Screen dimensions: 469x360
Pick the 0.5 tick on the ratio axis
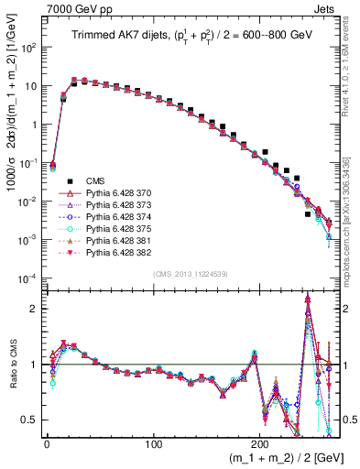(x=29, y=420)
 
